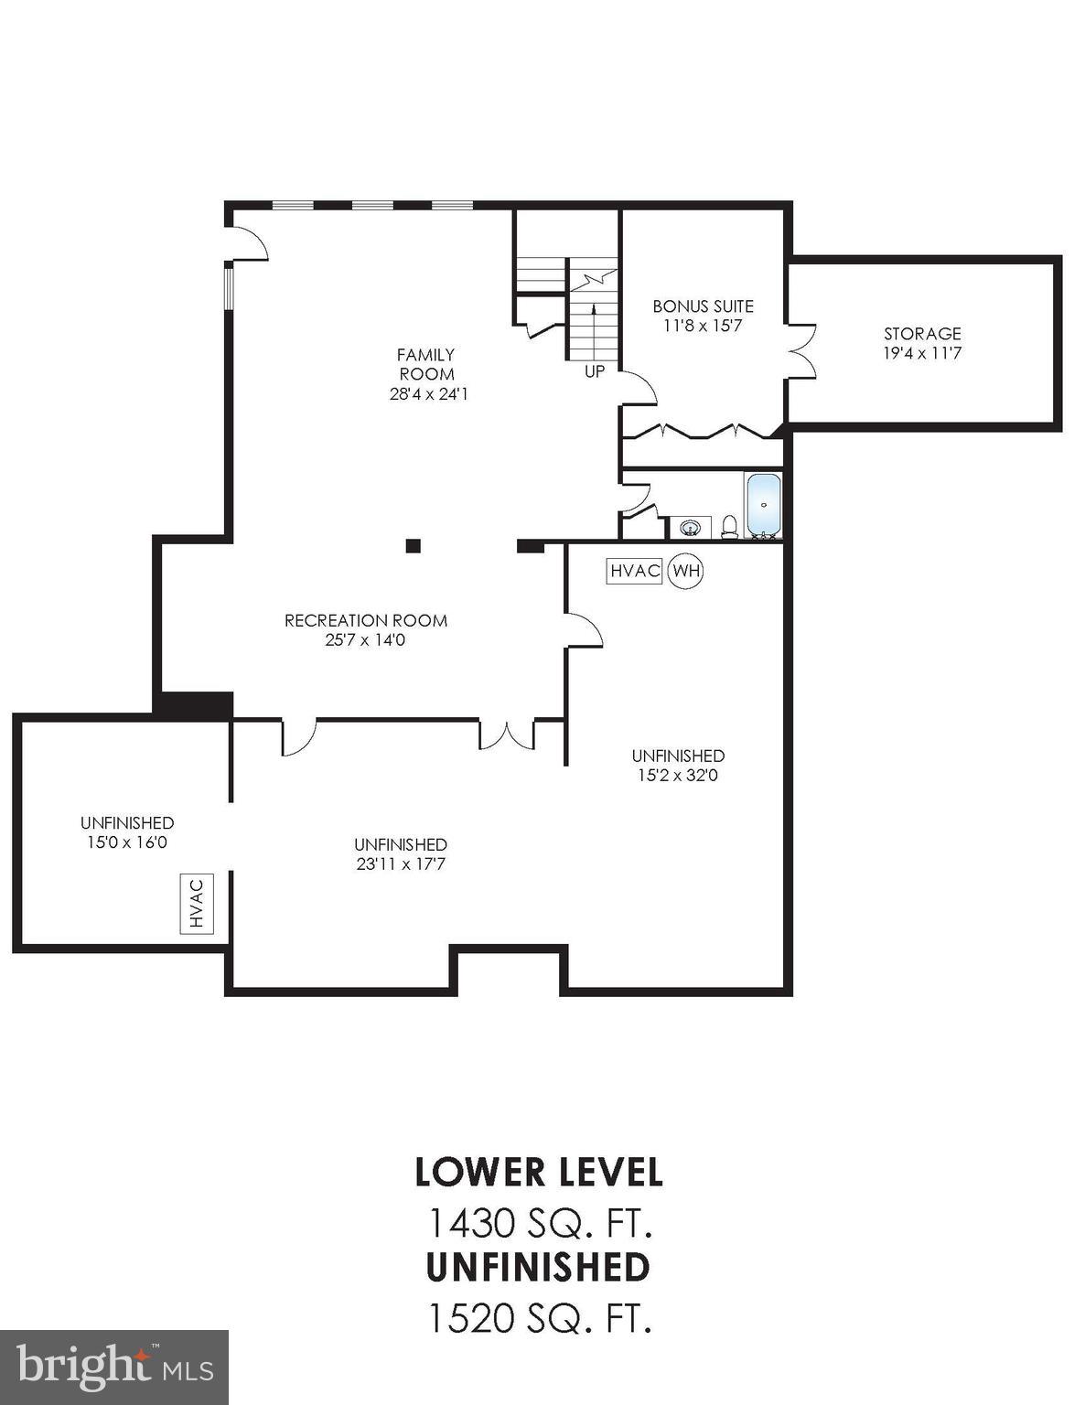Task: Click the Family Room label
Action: (426, 364)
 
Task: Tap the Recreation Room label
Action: (365, 620)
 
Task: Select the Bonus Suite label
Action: (703, 306)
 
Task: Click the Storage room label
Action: (921, 334)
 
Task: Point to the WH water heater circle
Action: (686, 572)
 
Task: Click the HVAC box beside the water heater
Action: (635, 572)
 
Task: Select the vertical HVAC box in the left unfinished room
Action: (196, 904)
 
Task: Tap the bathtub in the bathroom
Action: (763, 506)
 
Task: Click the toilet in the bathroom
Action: (729, 526)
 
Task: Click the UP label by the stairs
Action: (595, 372)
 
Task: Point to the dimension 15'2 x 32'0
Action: (678, 776)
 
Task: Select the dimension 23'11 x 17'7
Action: (401, 864)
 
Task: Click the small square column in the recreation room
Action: (414, 546)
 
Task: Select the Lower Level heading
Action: (539, 1172)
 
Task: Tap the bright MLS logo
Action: (114, 1367)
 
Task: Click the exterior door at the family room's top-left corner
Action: (248, 242)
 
